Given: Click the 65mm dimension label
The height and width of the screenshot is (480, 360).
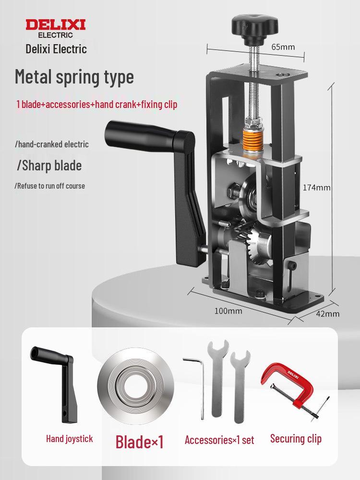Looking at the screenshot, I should [x=283, y=47].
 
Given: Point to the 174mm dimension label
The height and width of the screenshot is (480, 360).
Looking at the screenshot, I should [x=317, y=187].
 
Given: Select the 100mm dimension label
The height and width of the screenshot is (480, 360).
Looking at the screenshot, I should [x=228, y=311].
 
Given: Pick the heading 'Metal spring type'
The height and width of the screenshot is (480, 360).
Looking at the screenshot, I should [x=74, y=77].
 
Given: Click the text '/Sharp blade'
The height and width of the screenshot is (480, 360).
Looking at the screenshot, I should [x=49, y=166].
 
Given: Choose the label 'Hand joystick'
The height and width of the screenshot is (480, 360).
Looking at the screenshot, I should [x=70, y=438].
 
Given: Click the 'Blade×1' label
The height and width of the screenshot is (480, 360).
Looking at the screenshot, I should [x=140, y=441].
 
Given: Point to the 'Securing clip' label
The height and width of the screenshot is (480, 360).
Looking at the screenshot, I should [x=296, y=438].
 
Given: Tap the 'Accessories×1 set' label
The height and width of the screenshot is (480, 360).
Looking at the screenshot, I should [x=219, y=440].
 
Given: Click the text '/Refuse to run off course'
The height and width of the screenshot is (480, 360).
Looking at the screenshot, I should [x=50, y=186].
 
